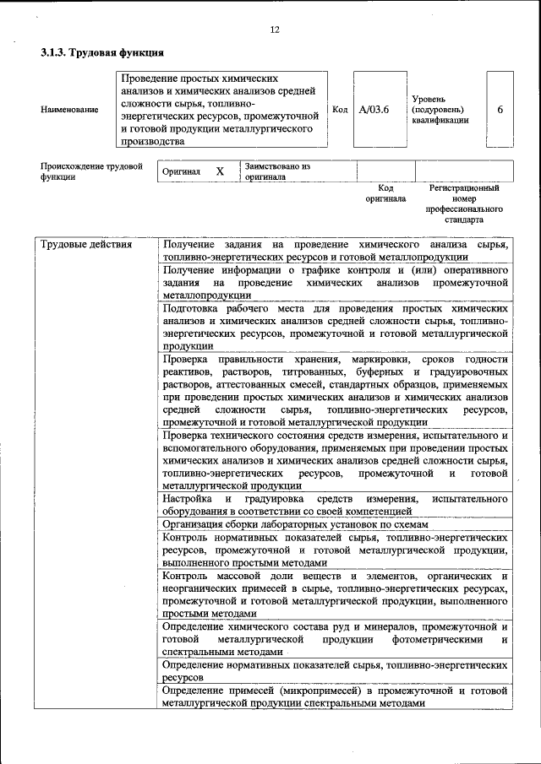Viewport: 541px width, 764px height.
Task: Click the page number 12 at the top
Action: (x=274, y=30)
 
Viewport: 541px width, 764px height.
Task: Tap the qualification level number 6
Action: (x=500, y=110)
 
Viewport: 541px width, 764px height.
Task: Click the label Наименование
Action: (x=69, y=110)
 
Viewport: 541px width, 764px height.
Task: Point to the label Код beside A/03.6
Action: (x=340, y=110)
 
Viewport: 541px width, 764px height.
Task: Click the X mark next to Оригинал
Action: (x=220, y=171)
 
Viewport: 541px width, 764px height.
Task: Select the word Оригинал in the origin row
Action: (x=181, y=171)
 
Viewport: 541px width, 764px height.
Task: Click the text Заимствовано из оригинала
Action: (x=277, y=172)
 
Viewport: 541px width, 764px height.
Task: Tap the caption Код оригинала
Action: (x=385, y=193)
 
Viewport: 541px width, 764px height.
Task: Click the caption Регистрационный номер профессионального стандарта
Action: (x=464, y=203)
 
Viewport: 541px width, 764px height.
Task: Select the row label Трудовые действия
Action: (x=86, y=245)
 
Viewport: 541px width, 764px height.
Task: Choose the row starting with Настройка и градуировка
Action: (x=335, y=505)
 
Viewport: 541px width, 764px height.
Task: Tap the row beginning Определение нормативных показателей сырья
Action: (x=335, y=671)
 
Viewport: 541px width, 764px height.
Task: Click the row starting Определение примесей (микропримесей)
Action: (x=335, y=696)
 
